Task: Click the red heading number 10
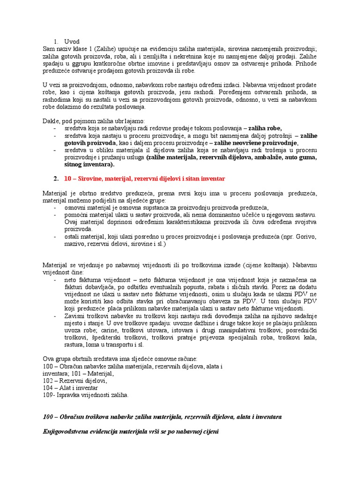pos(67,179)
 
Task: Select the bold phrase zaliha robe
pos(265,127)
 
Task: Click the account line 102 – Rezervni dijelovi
pos(75,381)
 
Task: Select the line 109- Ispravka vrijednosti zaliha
pos(85,395)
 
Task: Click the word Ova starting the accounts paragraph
pos(49,359)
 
